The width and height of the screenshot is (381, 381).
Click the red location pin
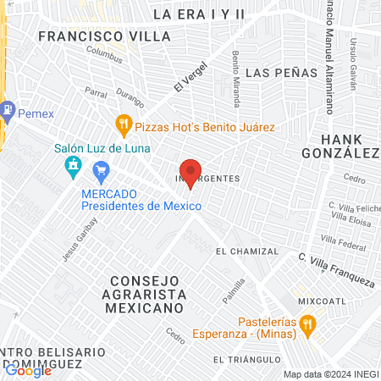[x=190, y=172]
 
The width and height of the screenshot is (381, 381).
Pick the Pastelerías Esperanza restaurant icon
[x=308, y=322]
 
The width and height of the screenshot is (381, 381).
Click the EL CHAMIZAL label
[x=246, y=251]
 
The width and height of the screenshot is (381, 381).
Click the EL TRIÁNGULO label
[x=246, y=359]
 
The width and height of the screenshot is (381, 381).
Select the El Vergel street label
[x=190, y=80]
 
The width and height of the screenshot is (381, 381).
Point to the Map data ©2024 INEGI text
[x=330, y=374]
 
